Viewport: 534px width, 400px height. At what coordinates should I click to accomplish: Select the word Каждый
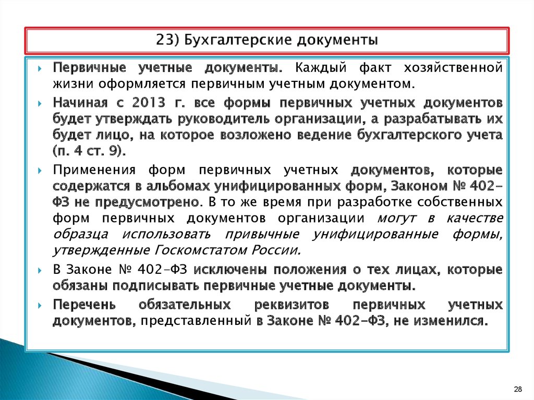[x=321, y=67]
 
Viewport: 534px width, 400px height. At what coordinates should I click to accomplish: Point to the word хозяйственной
[x=453, y=68]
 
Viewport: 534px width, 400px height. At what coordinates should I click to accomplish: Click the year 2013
[x=149, y=102]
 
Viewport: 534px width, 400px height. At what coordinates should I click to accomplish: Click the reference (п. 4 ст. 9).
[x=90, y=151]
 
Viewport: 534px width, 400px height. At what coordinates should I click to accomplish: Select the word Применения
[x=94, y=169]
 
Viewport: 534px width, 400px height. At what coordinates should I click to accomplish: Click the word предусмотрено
[x=148, y=202]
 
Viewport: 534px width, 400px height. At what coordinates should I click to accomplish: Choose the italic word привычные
[x=262, y=234]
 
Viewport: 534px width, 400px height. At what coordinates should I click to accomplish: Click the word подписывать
[x=155, y=285]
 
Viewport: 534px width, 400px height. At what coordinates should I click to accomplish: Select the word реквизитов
[x=292, y=305]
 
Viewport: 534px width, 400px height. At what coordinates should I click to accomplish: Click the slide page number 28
[x=518, y=389]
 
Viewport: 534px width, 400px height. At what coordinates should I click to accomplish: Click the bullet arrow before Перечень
[x=40, y=306]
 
